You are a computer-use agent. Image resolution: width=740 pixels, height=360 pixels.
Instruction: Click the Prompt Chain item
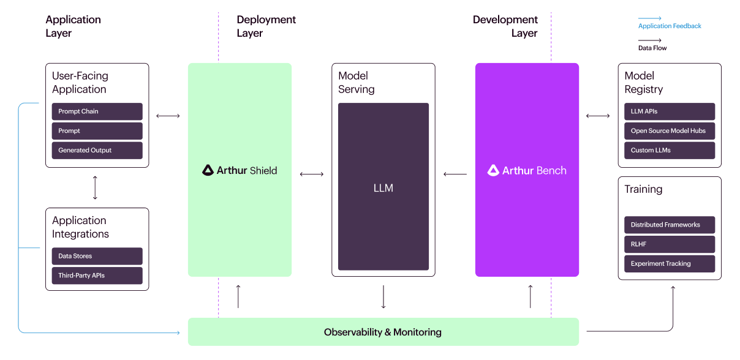97,111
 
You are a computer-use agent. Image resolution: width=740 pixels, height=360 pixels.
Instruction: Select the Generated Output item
97,150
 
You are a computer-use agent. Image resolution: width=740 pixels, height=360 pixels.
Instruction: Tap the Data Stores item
97,256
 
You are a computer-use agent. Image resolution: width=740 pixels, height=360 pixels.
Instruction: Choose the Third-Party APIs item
97,276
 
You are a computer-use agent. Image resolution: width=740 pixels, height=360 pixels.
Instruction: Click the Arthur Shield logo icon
208,170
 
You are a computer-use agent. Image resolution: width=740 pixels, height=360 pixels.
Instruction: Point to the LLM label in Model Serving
383,188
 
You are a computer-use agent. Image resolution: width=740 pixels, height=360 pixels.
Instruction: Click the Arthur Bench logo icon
493,170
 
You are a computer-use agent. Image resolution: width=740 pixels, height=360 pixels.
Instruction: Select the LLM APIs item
670,111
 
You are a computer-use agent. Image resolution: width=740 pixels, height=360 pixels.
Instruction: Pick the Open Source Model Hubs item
670,131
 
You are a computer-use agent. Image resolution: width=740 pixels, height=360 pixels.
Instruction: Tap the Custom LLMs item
670,150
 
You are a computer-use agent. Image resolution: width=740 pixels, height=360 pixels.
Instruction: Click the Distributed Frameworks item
670,225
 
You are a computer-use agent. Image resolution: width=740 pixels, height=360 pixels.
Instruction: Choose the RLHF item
670,244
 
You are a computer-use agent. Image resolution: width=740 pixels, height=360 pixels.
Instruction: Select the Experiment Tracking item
670,264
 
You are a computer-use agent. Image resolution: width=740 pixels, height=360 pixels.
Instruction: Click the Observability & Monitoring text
383,332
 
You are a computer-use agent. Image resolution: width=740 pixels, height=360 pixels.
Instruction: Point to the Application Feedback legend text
670,26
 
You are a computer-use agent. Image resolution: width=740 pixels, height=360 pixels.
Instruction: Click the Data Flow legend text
652,48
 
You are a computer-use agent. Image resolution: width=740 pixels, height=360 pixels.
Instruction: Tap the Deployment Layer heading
266,26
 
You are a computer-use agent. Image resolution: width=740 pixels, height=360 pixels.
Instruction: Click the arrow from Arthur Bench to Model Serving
455,174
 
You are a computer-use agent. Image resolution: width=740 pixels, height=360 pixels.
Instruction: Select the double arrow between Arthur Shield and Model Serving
312,174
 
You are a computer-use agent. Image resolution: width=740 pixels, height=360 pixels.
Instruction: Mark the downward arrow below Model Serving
383,297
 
